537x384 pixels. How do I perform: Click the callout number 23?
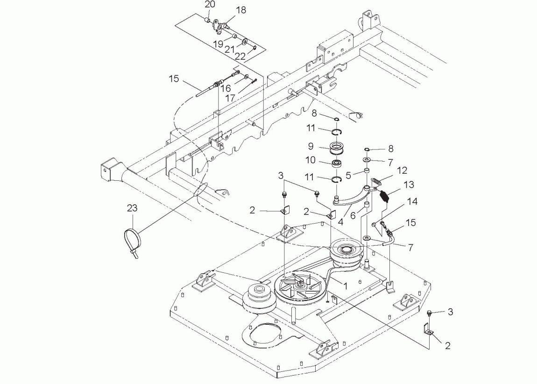(132, 207)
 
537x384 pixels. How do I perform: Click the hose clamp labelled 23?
(132, 240)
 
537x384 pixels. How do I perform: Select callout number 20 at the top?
(210, 5)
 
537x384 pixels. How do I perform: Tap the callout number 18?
(241, 10)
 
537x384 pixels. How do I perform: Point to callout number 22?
(240, 56)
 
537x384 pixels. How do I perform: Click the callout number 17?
(230, 98)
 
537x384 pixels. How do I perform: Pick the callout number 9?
(311, 146)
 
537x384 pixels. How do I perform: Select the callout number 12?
(402, 170)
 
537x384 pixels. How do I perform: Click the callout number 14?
(412, 201)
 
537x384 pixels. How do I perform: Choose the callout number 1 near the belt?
(346, 286)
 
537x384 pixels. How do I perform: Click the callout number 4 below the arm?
(340, 221)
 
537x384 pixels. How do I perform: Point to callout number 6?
(353, 215)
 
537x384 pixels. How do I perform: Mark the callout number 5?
(348, 176)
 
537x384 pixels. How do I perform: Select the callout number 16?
(226, 88)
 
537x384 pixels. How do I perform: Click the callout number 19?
(218, 44)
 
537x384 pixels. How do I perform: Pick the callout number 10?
(310, 160)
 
